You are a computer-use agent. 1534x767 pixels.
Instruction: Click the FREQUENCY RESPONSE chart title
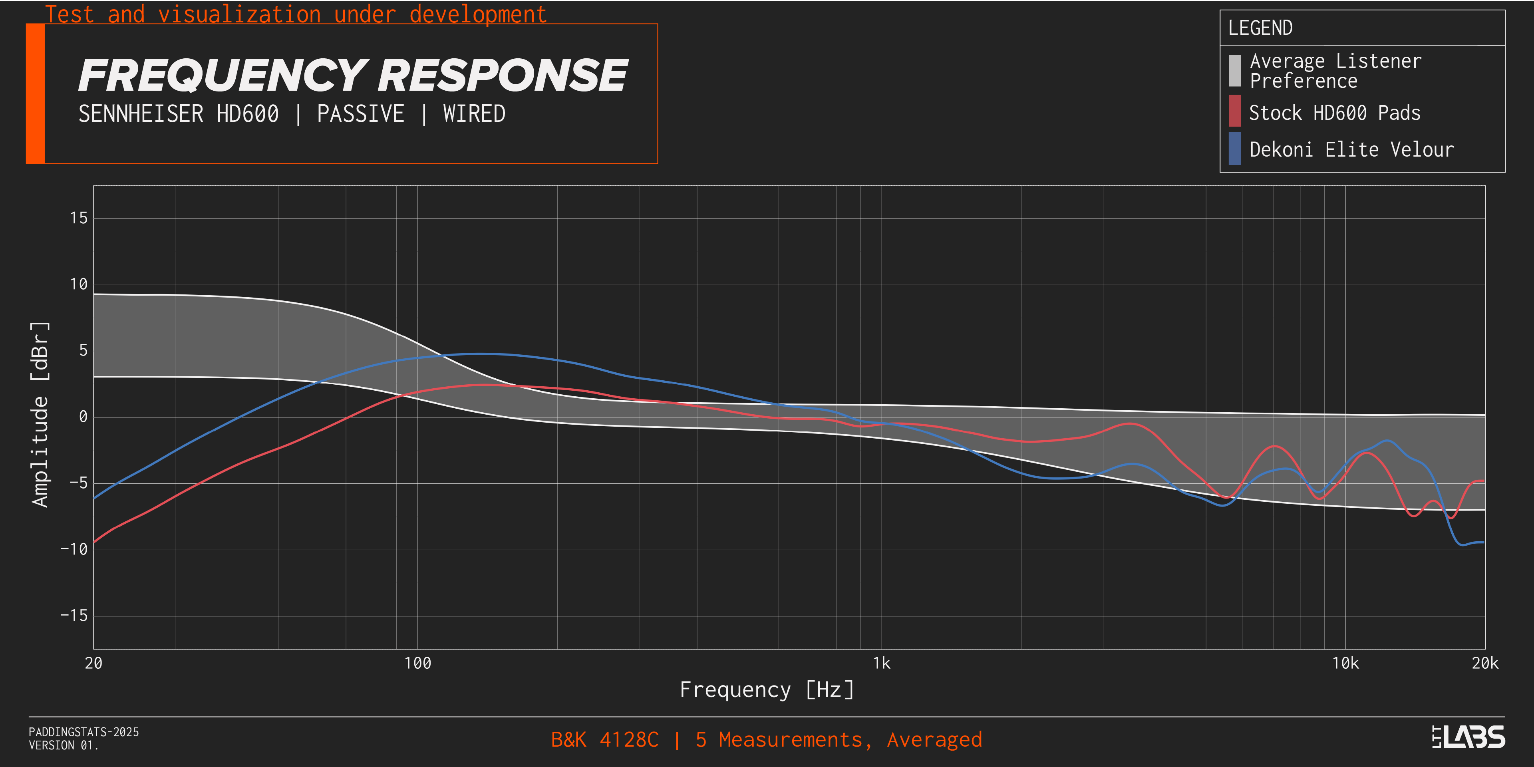352,76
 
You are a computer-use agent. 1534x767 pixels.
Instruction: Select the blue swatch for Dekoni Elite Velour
1234,148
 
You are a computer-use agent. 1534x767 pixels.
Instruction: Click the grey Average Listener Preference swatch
1234,70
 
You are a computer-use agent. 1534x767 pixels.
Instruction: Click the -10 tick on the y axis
74,549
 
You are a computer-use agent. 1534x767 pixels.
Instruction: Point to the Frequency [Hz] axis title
767,690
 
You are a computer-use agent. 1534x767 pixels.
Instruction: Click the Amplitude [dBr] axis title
40,415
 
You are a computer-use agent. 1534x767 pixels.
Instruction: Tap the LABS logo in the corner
1468,737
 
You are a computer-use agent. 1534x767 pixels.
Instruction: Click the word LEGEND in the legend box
1260,28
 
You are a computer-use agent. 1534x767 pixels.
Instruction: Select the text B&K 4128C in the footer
604,739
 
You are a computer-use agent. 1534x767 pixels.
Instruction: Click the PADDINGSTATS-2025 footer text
83,732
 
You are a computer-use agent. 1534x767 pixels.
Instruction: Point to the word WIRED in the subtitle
474,114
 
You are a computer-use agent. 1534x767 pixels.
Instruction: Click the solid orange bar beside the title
35,93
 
